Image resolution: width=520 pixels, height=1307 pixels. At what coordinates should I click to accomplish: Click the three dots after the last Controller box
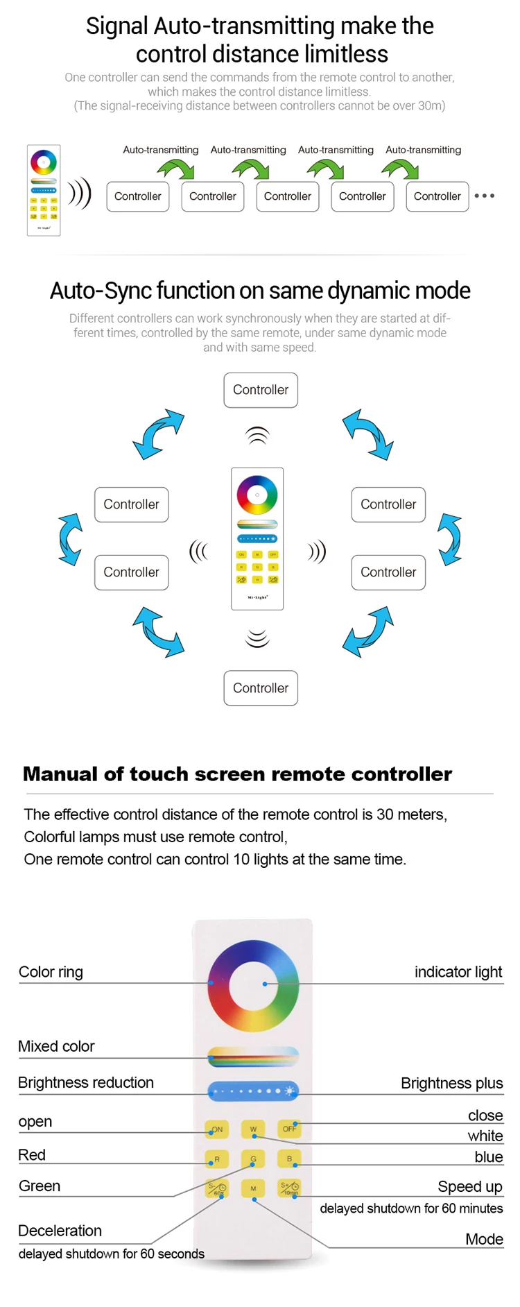pos(485,196)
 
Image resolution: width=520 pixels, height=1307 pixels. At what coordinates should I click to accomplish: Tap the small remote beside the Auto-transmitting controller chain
pos(44,190)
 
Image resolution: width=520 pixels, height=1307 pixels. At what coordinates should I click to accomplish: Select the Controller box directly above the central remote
pos(261,390)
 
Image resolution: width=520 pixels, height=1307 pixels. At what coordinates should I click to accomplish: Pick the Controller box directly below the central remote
pos(261,688)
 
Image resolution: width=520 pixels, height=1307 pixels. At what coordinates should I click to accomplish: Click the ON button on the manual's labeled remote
pos(217,1129)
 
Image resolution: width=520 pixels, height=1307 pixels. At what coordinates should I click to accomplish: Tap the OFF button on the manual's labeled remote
pos(289,1129)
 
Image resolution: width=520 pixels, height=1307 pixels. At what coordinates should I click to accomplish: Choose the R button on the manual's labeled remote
pos(217,1159)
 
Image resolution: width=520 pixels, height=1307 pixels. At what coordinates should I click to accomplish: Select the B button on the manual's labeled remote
pos(289,1159)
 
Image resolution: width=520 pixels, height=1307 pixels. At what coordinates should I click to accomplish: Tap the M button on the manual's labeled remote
pos(253,1189)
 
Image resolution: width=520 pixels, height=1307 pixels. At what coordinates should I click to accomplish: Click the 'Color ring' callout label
pos(51,972)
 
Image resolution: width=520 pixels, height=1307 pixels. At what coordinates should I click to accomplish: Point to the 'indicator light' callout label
pos(458,972)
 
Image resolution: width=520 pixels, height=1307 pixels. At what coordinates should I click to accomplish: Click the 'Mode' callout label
pos(484,1239)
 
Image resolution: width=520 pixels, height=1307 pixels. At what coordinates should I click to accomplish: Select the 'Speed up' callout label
pos(470,1186)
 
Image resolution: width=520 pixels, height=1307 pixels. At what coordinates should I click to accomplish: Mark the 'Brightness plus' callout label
pos(451,1083)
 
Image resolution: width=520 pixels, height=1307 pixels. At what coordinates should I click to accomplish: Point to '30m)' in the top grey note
pos(431,105)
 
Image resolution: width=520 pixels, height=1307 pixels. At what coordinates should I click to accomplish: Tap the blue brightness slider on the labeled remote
pos(253,1091)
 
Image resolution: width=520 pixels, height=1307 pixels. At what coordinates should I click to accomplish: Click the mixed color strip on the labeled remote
pos(253,1057)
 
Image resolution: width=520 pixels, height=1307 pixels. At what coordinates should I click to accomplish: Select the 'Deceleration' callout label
pos(60,1231)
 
